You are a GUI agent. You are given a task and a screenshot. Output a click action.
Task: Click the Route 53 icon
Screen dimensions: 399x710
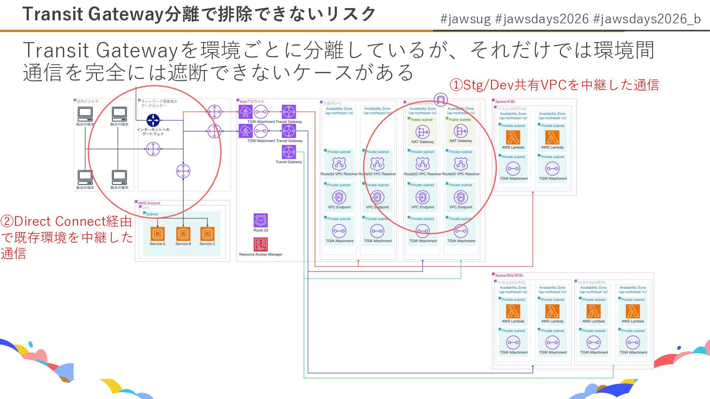(x=261, y=221)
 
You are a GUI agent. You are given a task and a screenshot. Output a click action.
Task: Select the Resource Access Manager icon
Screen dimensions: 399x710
(x=261, y=245)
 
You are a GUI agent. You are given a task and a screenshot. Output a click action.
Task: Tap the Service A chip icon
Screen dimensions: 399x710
(x=158, y=234)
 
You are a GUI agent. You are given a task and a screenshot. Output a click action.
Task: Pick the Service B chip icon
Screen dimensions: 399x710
(x=183, y=234)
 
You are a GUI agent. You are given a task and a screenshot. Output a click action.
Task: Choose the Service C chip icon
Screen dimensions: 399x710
(x=207, y=234)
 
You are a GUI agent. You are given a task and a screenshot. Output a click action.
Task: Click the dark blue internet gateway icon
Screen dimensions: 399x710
(x=153, y=120)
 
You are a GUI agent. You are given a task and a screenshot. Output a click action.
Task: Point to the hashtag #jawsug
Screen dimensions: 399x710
(x=466, y=19)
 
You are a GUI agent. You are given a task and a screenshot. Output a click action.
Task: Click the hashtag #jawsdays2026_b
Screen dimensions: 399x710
(x=647, y=19)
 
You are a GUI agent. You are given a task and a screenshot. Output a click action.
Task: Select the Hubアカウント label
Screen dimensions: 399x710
(x=252, y=101)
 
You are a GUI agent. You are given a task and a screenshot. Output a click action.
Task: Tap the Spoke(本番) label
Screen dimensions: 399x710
(x=505, y=102)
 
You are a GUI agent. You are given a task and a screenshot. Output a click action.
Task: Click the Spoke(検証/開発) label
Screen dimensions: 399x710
(x=509, y=276)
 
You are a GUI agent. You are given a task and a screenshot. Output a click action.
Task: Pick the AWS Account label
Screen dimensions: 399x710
(x=149, y=203)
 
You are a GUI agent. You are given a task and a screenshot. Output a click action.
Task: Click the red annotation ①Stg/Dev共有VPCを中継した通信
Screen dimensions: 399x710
(x=554, y=85)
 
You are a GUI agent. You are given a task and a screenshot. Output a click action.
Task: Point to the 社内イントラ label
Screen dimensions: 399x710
(x=88, y=101)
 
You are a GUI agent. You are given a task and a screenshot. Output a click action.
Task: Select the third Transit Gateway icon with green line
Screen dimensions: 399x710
(x=289, y=152)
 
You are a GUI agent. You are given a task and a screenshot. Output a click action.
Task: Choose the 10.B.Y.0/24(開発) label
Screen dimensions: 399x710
(x=592, y=283)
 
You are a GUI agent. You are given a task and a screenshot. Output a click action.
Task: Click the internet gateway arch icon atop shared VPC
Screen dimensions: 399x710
(x=440, y=99)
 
